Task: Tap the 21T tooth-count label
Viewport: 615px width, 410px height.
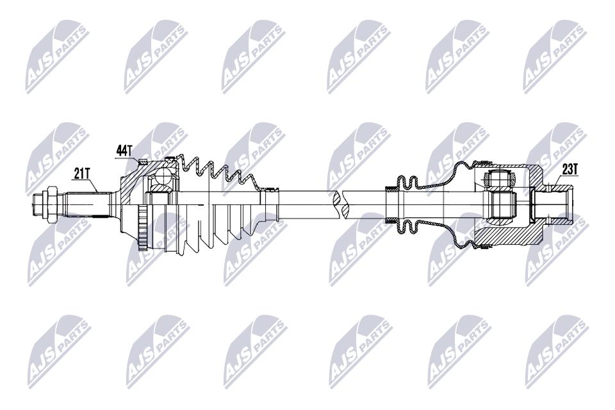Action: tap(81, 174)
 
